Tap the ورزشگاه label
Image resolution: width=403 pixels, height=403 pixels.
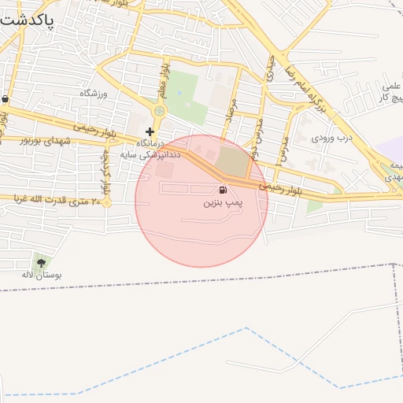(93, 93)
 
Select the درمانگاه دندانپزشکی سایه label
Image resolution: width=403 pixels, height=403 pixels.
(150, 150)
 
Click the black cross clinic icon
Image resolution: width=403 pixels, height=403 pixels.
(150, 131)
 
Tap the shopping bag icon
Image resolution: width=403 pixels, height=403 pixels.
(6, 99)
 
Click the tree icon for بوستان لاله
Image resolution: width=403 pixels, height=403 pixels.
(40, 261)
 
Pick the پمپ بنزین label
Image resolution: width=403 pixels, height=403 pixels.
(220, 203)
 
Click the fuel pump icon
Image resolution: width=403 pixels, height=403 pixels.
(223, 190)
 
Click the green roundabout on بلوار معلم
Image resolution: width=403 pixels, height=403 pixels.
(160, 112)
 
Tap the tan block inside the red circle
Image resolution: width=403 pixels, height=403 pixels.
(231, 161)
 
